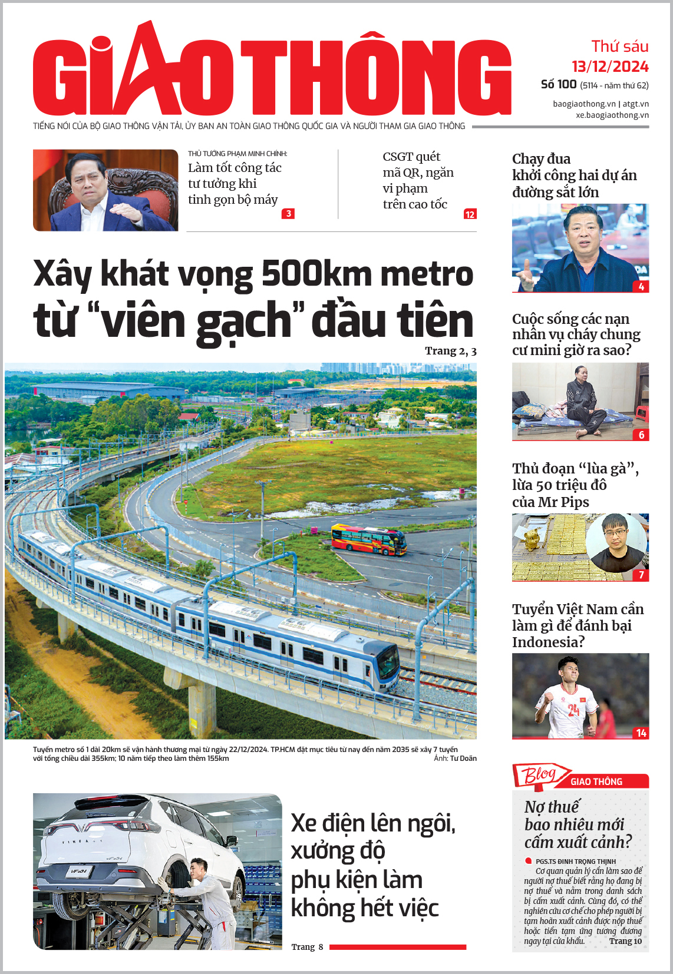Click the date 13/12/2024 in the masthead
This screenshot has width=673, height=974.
pos(610,67)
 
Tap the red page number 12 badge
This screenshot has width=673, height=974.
pos(470,214)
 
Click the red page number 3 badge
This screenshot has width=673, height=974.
pos(288,214)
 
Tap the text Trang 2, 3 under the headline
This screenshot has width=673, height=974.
pos(450,351)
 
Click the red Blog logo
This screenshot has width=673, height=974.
pos(539,775)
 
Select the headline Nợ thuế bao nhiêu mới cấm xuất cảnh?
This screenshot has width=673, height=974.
pos(578,824)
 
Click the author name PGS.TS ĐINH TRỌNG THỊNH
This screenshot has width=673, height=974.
pos(575,862)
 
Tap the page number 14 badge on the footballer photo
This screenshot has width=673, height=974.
pos(641,733)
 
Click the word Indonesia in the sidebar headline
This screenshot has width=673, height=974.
pos(548,642)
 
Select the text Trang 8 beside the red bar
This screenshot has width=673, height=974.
pos(307,947)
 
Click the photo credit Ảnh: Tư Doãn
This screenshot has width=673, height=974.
pos(455,758)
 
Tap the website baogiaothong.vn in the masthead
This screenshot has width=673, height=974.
pos(584,104)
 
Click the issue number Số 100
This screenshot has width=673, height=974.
pos(558,84)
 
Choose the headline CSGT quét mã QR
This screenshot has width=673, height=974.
pos(418,180)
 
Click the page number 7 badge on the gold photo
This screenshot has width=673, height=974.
pos(641,575)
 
